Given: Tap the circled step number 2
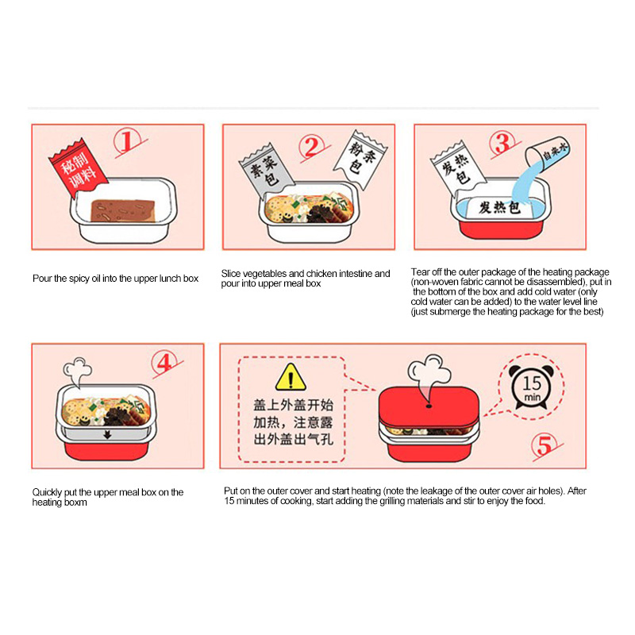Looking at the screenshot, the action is [x=312, y=147].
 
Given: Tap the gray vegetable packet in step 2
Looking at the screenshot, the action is [x=266, y=170].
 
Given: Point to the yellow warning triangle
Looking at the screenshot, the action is [x=291, y=378].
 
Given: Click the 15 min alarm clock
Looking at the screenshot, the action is [x=531, y=387].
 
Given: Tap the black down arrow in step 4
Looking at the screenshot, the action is [x=107, y=434].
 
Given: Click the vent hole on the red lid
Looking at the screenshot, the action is [x=429, y=406].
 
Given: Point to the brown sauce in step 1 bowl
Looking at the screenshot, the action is [x=123, y=210].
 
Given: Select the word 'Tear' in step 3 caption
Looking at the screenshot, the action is [x=420, y=271].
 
